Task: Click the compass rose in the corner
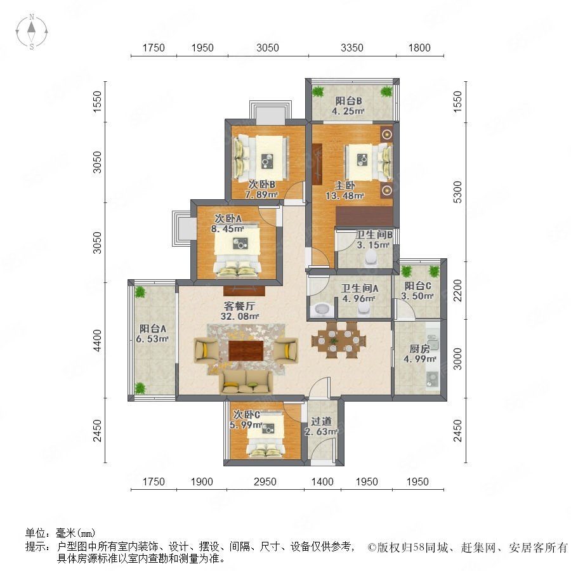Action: tap(32, 32)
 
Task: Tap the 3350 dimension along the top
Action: tap(351, 48)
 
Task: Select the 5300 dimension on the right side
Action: tap(457, 192)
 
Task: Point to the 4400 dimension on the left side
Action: tap(97, 341)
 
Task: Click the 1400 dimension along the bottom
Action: tap(322, 482)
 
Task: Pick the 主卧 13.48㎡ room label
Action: tap(345, 190)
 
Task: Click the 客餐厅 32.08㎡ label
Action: tap(239, 311)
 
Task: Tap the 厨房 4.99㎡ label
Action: tap(419, 353)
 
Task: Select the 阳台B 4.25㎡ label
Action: tap(348, 106)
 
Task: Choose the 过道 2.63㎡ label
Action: tap(321, 426)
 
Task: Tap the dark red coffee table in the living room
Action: tap(246, 351)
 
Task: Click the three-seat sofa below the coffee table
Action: tap(246, 383)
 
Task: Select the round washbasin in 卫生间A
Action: tap(322, 310)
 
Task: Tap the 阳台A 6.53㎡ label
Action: tap(152, 334)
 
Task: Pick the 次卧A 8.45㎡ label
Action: tap(228, 223)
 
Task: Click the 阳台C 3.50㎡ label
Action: tap(417, 291)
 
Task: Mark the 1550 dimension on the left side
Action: tap(97, 102)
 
